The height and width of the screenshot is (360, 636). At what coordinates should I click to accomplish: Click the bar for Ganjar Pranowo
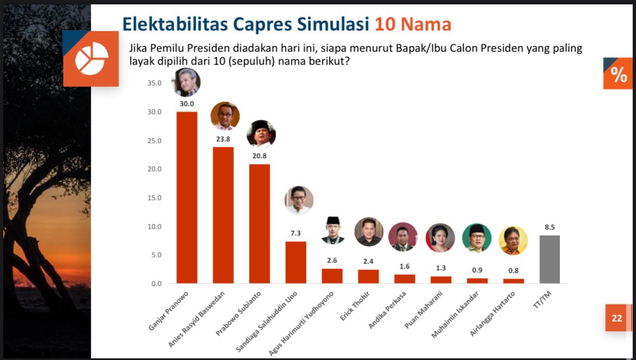tap(186, 197)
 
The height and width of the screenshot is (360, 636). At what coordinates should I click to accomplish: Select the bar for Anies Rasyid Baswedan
tap(223, 215)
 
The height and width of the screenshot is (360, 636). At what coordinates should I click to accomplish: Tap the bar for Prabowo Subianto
tap(259, 224)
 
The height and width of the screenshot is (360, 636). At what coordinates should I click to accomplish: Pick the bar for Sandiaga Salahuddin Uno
tap(296, 262)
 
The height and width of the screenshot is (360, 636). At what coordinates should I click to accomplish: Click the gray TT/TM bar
tap(550, 259)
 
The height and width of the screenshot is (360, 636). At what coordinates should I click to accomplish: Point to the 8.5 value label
tap(550, 227)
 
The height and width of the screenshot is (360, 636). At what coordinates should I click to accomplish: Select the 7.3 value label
tap(296, 233)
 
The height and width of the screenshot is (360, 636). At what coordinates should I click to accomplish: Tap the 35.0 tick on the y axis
tap(154, 83)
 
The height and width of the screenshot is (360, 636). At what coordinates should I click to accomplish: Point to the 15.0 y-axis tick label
tap(154, 198)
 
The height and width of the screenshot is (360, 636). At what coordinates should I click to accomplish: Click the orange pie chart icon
tap(91, 58)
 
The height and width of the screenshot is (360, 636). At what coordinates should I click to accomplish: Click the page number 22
tap(616, 318)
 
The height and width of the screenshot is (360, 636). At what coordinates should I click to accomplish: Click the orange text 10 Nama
tap(413, 24)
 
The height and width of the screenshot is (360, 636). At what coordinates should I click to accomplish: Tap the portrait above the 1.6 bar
tap(403, 237)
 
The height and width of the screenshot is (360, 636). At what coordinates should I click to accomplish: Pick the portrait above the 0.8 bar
tap(513, 240)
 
